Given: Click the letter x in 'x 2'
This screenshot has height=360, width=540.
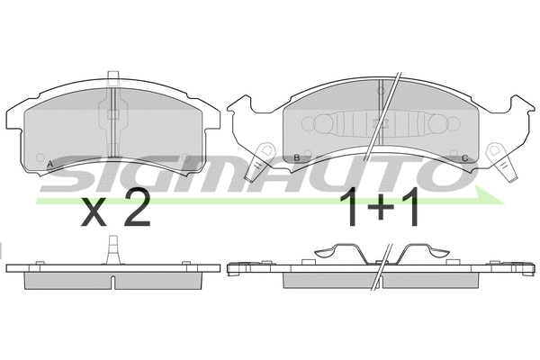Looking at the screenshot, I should click(x=94, y=212).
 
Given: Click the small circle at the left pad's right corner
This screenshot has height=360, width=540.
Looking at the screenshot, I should click(x=186, y=163).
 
